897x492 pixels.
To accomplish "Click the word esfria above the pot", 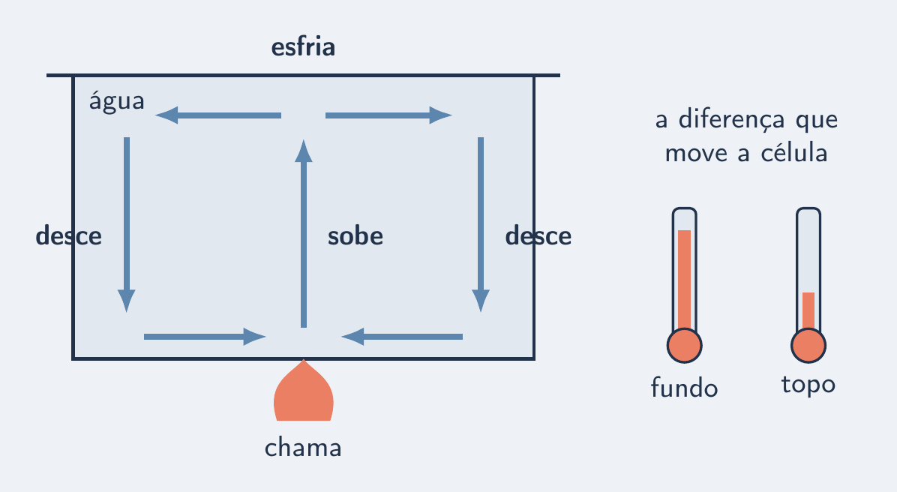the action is pos(303,47).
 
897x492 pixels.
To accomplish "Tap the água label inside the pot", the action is pos(117,101).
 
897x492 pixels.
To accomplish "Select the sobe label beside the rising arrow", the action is pos(355,235).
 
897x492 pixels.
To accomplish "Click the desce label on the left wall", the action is pos(69,235).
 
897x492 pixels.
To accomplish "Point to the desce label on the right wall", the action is pos(538,235).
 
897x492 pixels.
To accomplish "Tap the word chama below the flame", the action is pos(303,448).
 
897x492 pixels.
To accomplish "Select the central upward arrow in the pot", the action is pos(304,233).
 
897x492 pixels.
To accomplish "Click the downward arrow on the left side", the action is pos(127,225).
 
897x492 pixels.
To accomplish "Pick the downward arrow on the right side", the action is pos(481,225).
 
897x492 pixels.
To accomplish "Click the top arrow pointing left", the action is pos(218,115).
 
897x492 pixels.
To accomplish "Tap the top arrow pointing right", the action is pos(389,115).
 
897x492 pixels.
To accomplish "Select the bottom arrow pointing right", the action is pos(205,337).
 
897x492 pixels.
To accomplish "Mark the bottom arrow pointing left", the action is pos(401,337).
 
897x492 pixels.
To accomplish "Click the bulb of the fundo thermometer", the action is pos(684,346).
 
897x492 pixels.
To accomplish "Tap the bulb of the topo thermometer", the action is pos(808,346).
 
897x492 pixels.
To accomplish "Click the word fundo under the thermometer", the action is pos(684,388).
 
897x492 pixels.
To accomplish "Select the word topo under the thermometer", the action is pos(808,385).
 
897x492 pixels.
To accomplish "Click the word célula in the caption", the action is pos(794,153).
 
